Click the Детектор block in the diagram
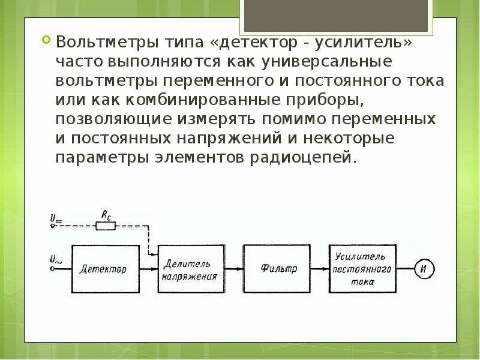(103, 269)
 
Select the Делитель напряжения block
(190, 269)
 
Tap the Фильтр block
(279, 269)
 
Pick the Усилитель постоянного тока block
(362, 269)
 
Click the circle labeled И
(424, 269)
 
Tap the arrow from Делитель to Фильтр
(234, 269)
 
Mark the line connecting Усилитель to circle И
(404, 269)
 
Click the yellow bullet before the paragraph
(47, 41)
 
